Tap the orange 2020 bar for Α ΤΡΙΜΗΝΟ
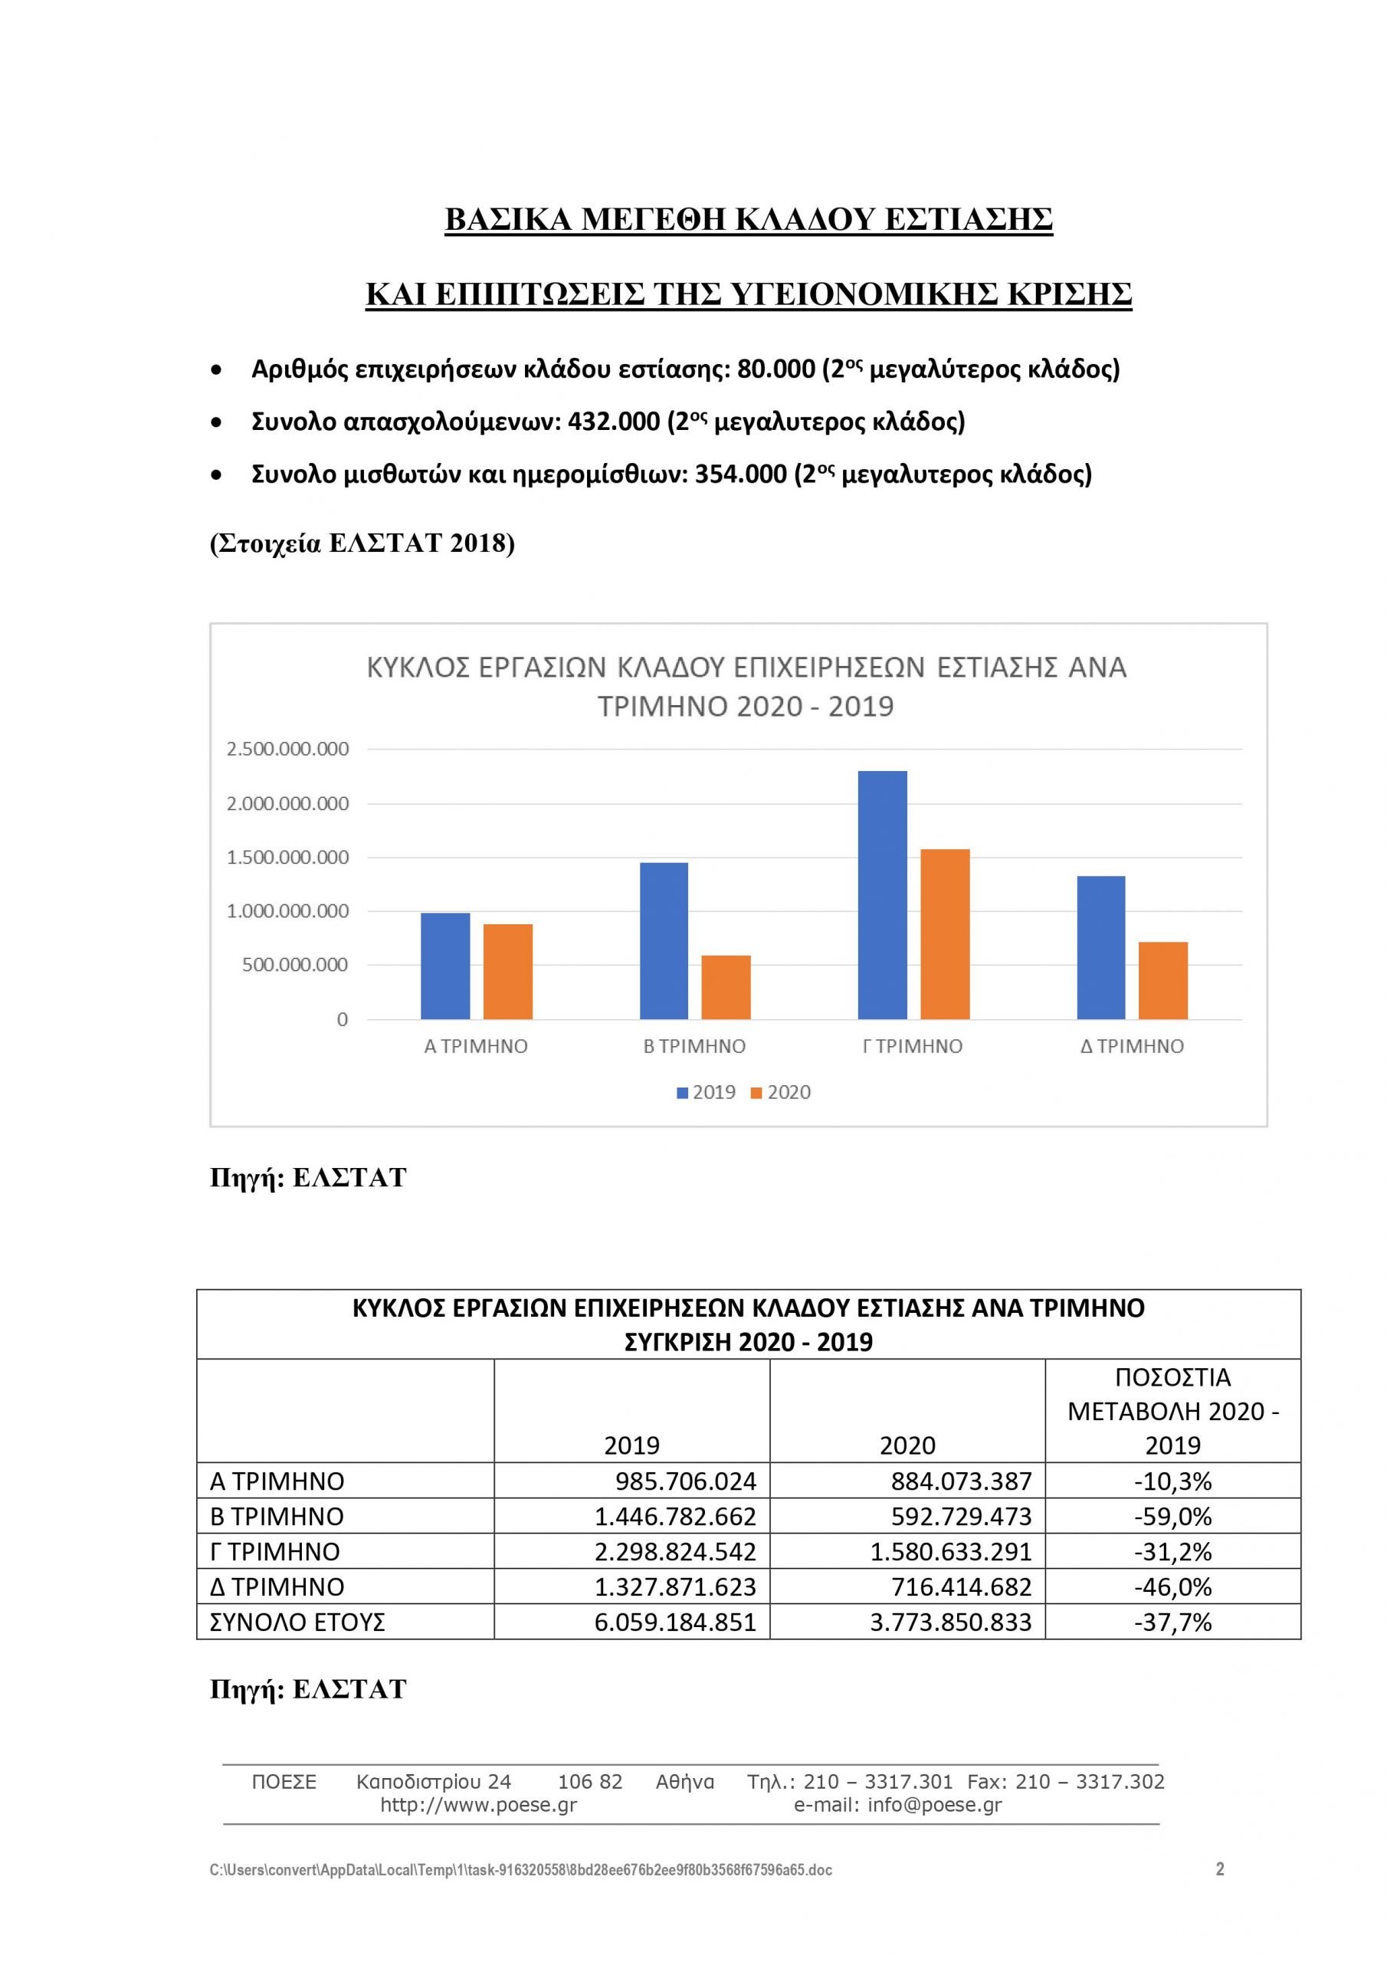(x=507, y=972)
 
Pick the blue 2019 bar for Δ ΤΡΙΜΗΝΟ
(x=1100, y=948)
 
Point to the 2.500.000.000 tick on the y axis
(x=287, y=750)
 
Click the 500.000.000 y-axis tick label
(x=295, y=965)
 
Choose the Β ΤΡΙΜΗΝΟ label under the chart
(x=694, y=1046)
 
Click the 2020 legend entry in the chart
(x=780, y=1092)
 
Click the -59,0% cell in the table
(x=1172, y=1516)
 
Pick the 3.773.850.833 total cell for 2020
(x=950, y=1622)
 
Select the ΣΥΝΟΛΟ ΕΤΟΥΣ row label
(x=297, y=1622)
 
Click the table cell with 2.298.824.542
(x=675, y=1551)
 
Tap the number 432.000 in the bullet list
(x=614, y=422)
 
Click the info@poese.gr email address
(x=934, y=1805)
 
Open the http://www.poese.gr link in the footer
(x=479, y=1805)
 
